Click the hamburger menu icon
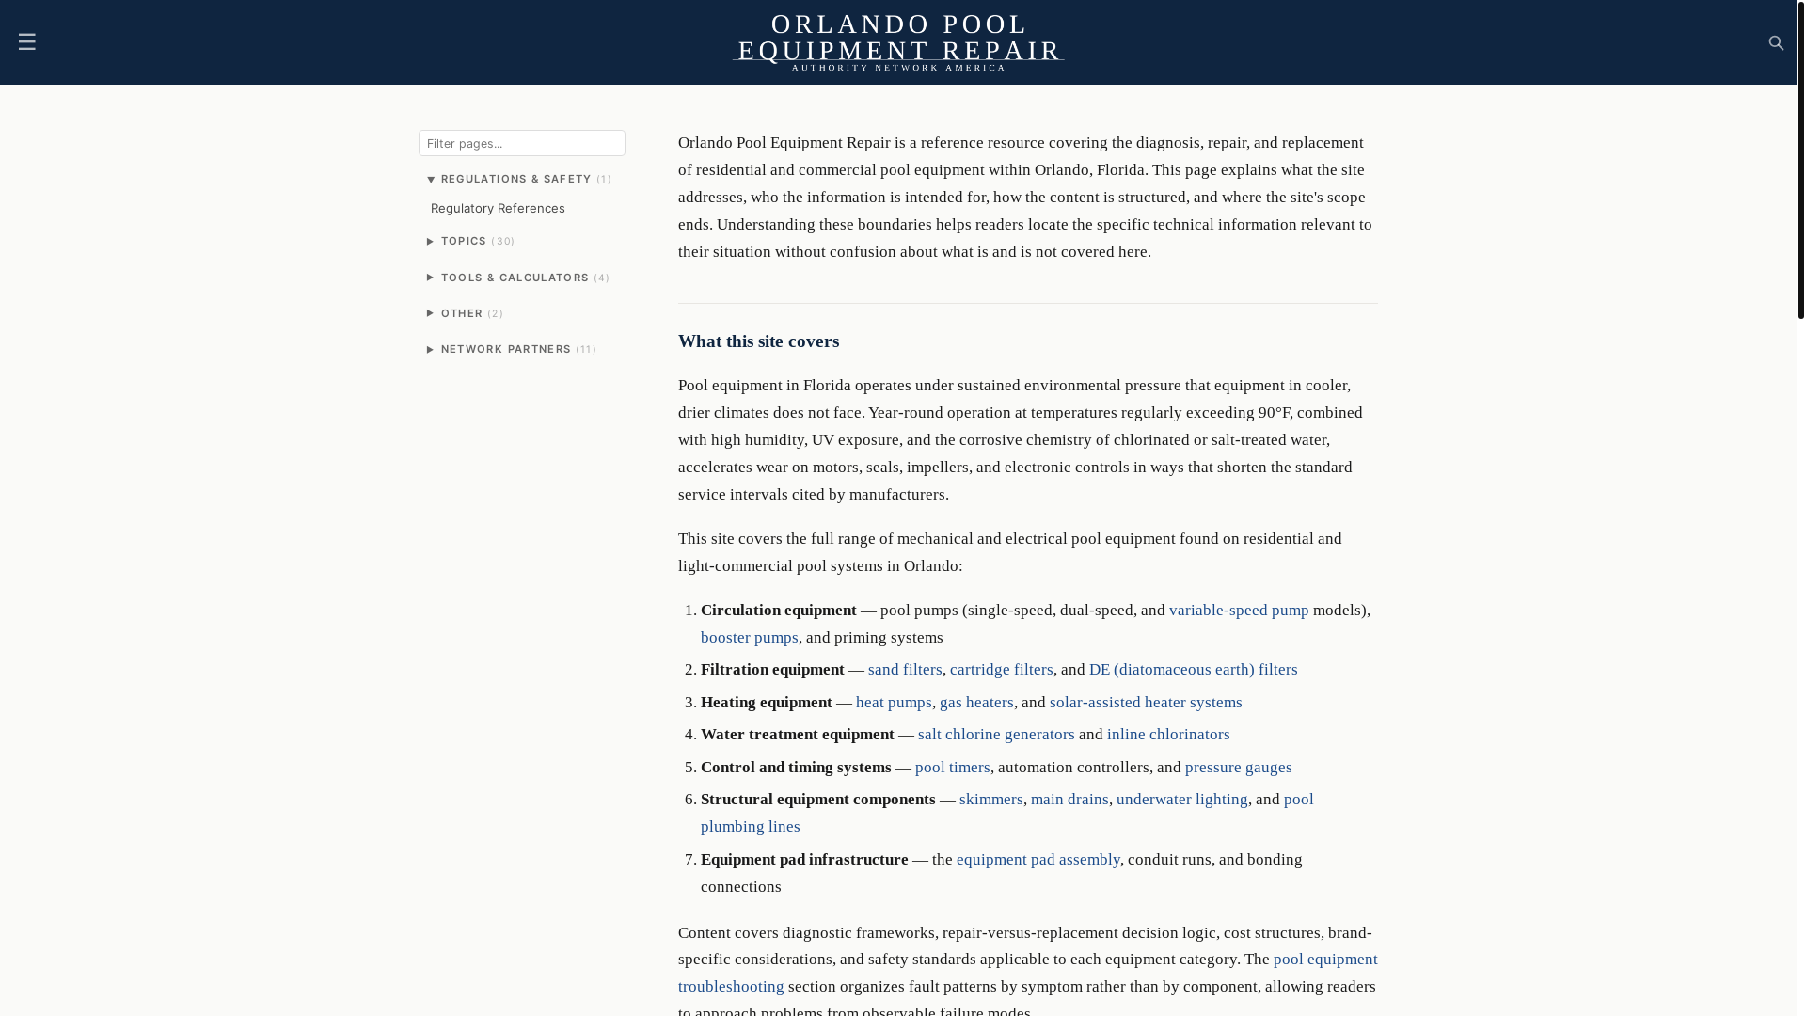[x=26, y=41]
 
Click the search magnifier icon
[x=1776, y=43]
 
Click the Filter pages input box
[x=521, y=143]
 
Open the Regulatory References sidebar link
[x=498, y=208]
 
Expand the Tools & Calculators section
[x=516, y=278]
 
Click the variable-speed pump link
[x=1238, y=610]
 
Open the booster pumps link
[x=749, y=637]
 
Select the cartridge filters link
[x=1001, y=669]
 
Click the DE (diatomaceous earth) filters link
[x=1193, y=669]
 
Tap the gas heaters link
[x=976, y=702]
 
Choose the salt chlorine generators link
[x=995, y=734]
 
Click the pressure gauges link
[x=1238, y=767]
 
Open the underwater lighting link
[x=1181, y=799]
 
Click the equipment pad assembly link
[x=1038, y=859]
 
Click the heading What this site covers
[x=758, y=341]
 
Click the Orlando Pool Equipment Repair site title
[x=898, y=38]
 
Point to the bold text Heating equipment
[x=766, y=702]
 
